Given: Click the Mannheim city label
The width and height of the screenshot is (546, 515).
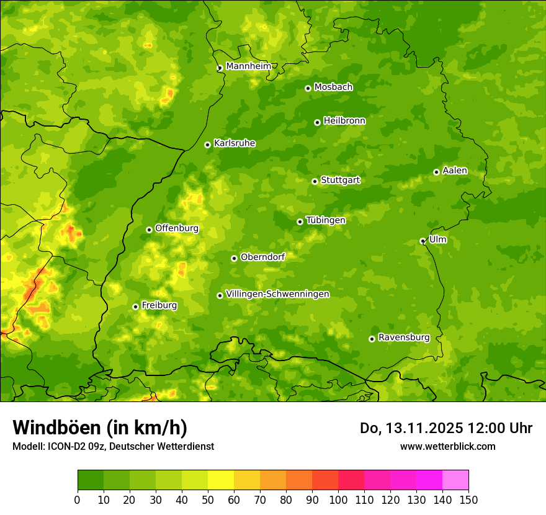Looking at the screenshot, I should coord(248,66).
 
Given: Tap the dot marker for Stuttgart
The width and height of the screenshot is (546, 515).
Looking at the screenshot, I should coord(315,181).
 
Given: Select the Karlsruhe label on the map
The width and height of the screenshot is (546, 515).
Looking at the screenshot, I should coord(234,143).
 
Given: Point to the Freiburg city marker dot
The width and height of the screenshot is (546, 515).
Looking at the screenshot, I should coord(135,307).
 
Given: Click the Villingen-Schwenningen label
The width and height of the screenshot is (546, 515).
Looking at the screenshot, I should coord(277,294).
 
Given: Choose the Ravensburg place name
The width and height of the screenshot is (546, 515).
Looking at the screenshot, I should coord(403,338).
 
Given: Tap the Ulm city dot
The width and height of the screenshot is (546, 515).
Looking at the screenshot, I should coord(423,241).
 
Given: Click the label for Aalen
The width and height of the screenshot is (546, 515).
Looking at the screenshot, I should coord(454,171).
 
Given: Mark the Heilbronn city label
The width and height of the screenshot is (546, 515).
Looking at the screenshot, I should coord(344,121).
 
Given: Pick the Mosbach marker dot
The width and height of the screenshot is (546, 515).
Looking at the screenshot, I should coord(308,88).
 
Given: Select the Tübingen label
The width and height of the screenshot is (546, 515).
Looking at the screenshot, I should coord(326,220).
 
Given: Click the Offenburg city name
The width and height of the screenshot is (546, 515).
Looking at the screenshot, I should coord(177,228).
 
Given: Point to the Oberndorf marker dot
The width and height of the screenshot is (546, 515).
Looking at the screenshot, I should coord(234,258).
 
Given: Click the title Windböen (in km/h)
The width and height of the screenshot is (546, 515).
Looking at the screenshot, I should coord(100,428).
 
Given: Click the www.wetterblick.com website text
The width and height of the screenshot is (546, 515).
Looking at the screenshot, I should coord(447,446).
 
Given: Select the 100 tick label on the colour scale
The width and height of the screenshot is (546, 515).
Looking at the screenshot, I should coord(338,499).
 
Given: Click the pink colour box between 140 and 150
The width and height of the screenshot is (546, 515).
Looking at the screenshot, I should coord(455,480).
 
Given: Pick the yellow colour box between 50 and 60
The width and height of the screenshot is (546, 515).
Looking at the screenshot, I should coord(221,480).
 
